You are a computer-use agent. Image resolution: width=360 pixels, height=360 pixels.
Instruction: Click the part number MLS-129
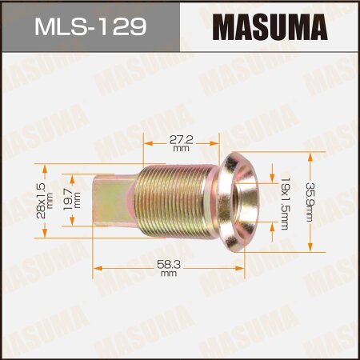(89, 27)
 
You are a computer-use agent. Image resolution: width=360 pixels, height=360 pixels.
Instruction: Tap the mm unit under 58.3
(167, 274)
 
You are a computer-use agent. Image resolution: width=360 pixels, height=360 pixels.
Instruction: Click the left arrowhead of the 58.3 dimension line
(97, 266)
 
